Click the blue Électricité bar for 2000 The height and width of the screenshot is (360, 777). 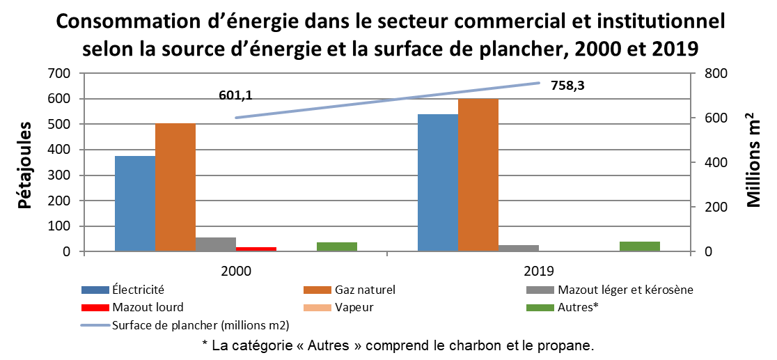135,203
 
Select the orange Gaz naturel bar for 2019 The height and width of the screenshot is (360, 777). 478,175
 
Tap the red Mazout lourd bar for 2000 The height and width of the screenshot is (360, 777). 256,249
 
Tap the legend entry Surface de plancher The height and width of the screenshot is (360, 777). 200,324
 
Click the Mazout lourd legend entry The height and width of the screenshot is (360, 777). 147,306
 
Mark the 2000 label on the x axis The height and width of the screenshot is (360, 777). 236,269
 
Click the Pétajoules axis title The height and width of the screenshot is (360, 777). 25,166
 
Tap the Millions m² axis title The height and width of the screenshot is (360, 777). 754,160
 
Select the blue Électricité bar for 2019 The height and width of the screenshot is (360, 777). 437,182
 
